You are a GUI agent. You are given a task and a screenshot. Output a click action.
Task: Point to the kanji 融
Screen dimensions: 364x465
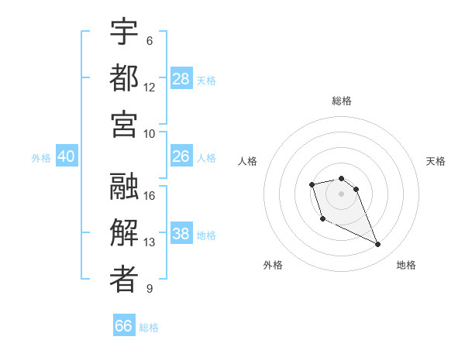[x=124, y=186]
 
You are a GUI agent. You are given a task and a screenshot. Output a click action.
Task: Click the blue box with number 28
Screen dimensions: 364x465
[x=181, y=79]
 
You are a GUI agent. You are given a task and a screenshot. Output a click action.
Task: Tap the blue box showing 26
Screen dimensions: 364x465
[x=181, y=156]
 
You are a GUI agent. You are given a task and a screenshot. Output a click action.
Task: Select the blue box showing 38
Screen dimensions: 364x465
[x=181, y=234]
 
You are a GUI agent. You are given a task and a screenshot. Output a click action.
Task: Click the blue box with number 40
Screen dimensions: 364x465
[x=67, y=156]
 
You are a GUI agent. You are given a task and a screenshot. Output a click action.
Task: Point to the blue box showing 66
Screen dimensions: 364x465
[x=124, y=326]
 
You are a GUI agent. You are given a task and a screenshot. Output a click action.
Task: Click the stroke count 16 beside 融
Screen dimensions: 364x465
[x=150, y=195]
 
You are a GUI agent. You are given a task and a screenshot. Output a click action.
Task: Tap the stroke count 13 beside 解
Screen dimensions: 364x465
[x=150, y=242]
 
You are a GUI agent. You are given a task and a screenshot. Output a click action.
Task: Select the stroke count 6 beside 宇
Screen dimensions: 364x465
[x=149, y=40]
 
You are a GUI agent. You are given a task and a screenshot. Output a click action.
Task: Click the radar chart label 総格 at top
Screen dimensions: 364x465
[x=342, y=101]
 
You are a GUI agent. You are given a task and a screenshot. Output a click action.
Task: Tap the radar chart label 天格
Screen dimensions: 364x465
[x=436, y=161]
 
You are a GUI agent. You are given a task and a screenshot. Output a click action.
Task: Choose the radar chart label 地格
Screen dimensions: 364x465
[x=406, y=265]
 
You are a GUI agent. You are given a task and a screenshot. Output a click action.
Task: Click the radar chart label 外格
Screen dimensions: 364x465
[x=273, y=265]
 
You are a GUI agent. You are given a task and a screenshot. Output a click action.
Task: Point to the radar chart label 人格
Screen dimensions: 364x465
[x=247, y=161]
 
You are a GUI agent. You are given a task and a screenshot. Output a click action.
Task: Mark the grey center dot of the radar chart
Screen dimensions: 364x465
[x=342, y=193]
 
